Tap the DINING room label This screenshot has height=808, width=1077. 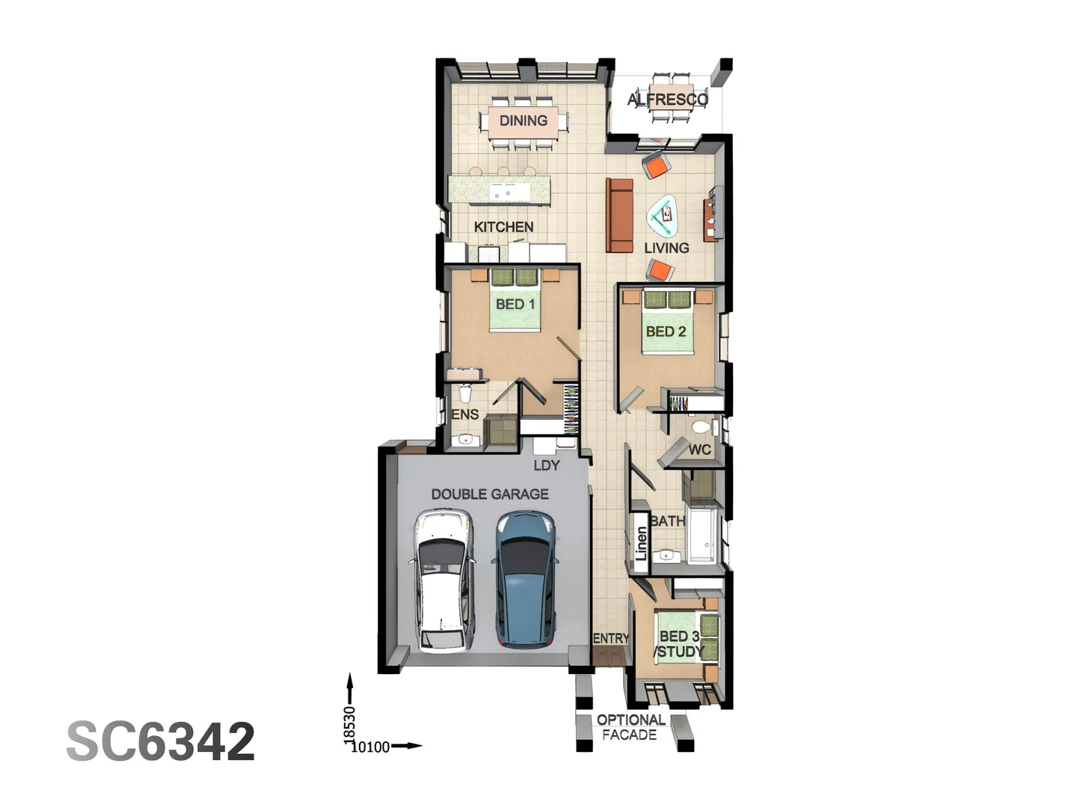click(524, 120)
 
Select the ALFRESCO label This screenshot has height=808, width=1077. click(668, 99)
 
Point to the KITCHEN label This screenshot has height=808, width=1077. click(503, 227)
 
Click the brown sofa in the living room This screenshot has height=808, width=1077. click(619, 215)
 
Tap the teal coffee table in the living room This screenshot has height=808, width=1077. click(663, 217)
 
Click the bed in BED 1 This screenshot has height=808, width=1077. click(515, 299)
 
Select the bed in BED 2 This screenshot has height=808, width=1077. click(667, 322)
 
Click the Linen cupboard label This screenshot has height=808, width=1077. click(641, 543)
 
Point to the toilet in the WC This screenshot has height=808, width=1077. click(701, 427)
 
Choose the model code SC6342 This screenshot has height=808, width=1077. click(161, 741)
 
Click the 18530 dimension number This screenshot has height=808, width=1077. click(349, 724)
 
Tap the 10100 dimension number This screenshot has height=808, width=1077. click(370, 747)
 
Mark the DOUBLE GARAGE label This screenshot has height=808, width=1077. click(490, 494)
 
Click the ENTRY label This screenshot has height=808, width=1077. click(611, 638)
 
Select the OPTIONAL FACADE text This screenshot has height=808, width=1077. click(630, 727)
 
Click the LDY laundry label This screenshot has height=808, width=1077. click(547, 465)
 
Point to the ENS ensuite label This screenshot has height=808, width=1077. click(465, 414)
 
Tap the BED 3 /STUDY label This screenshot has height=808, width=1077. click(679, 643)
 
